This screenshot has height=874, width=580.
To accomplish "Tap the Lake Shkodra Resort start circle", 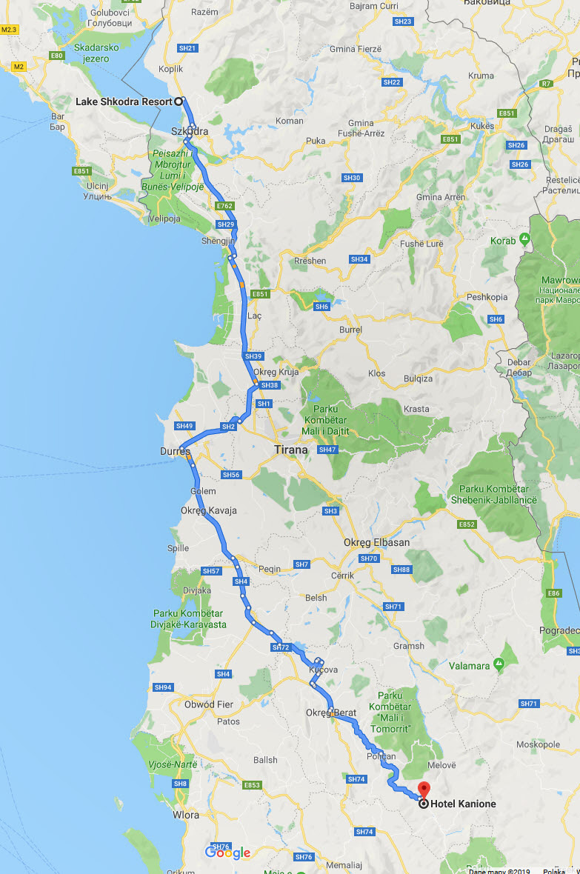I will (179, 101).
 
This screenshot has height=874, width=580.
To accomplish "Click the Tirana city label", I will (290, 449).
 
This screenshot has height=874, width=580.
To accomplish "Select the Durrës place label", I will (176, 450).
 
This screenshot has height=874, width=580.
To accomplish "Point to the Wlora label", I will (185, 815).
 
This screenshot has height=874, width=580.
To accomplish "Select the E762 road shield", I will (224, 205).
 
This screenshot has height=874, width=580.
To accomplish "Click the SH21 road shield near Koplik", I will (188, 48).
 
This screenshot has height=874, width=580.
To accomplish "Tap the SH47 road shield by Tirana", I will (327, 450).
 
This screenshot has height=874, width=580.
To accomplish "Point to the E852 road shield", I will (467, 524).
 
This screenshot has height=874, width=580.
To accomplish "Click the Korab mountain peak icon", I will (524, 240).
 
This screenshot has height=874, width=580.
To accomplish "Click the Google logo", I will (227, 853).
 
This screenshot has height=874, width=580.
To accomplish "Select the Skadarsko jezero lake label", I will (92, 53).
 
